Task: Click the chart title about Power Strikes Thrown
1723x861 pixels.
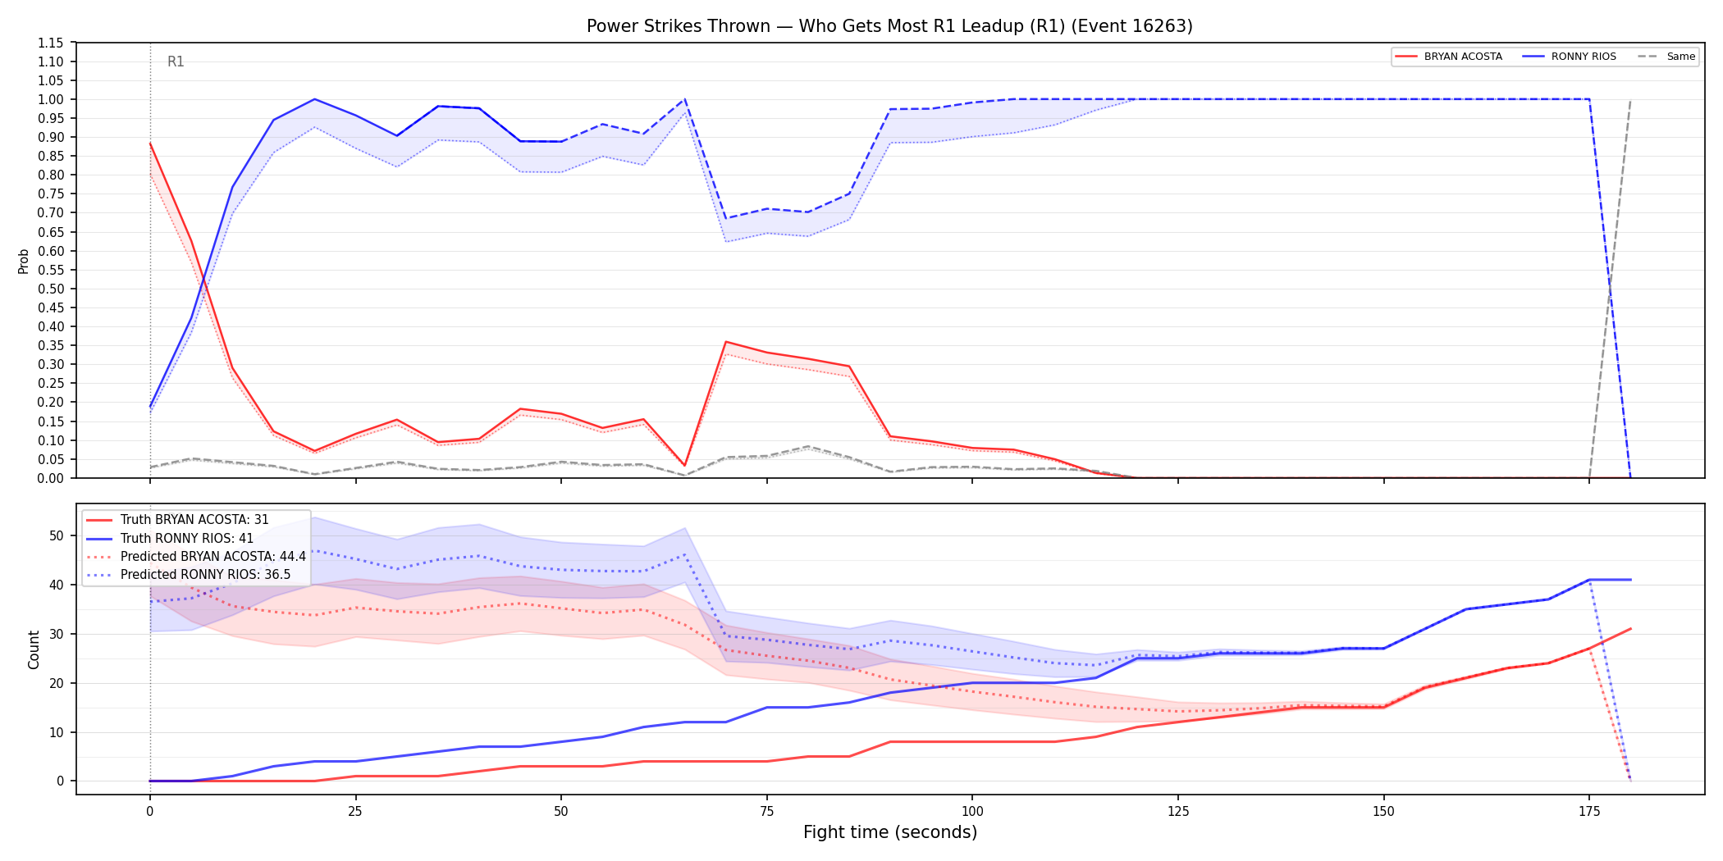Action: (889, 26)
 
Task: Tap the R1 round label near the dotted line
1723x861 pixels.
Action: (176, 61)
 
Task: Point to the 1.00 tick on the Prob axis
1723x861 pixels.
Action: (51, 99)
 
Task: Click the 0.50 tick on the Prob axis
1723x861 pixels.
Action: (51, 289)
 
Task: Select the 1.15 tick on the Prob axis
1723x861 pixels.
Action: (51, 43)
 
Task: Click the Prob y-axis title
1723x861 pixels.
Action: (23, 261)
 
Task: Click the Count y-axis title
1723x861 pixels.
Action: (34, 649)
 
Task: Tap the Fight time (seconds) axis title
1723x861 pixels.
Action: (890, 832)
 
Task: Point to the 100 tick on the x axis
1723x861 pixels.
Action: (972, 812)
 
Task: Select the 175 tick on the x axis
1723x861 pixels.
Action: (1589, 812)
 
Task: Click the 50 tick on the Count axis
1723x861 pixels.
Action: (57, 535)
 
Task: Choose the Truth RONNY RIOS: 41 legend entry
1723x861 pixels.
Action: (187, 538)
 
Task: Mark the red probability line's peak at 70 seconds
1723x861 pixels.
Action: (726, 342)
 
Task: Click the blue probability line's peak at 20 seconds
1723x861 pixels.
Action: (314, 99)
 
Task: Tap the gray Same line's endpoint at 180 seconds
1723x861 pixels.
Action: (1630, 100)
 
